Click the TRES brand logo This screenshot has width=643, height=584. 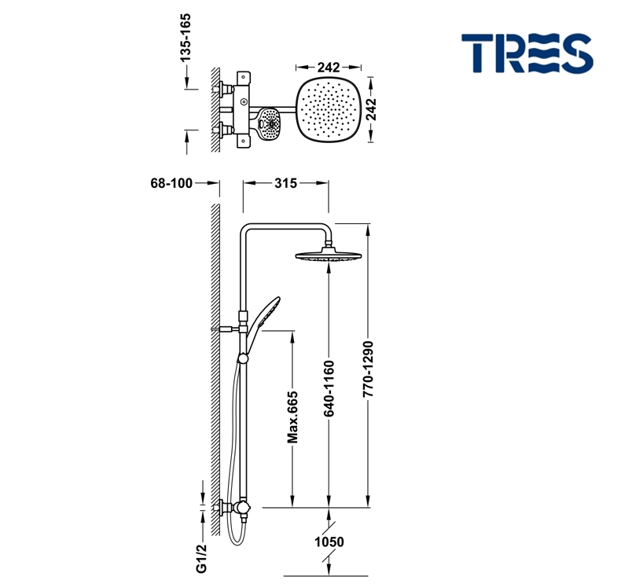[527, 53]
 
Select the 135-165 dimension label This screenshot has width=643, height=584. [186, 38]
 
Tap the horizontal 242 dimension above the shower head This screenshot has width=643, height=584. [329, 67]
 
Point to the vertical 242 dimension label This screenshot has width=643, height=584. [371, 109]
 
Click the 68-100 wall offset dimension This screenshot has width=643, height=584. [171, 183]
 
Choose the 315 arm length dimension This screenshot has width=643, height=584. [285, 183]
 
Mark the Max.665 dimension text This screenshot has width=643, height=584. [292, 418]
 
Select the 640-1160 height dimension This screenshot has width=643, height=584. [329, 388]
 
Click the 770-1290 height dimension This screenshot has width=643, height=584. [368, 369]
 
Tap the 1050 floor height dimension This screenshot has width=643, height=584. [329, 542]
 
